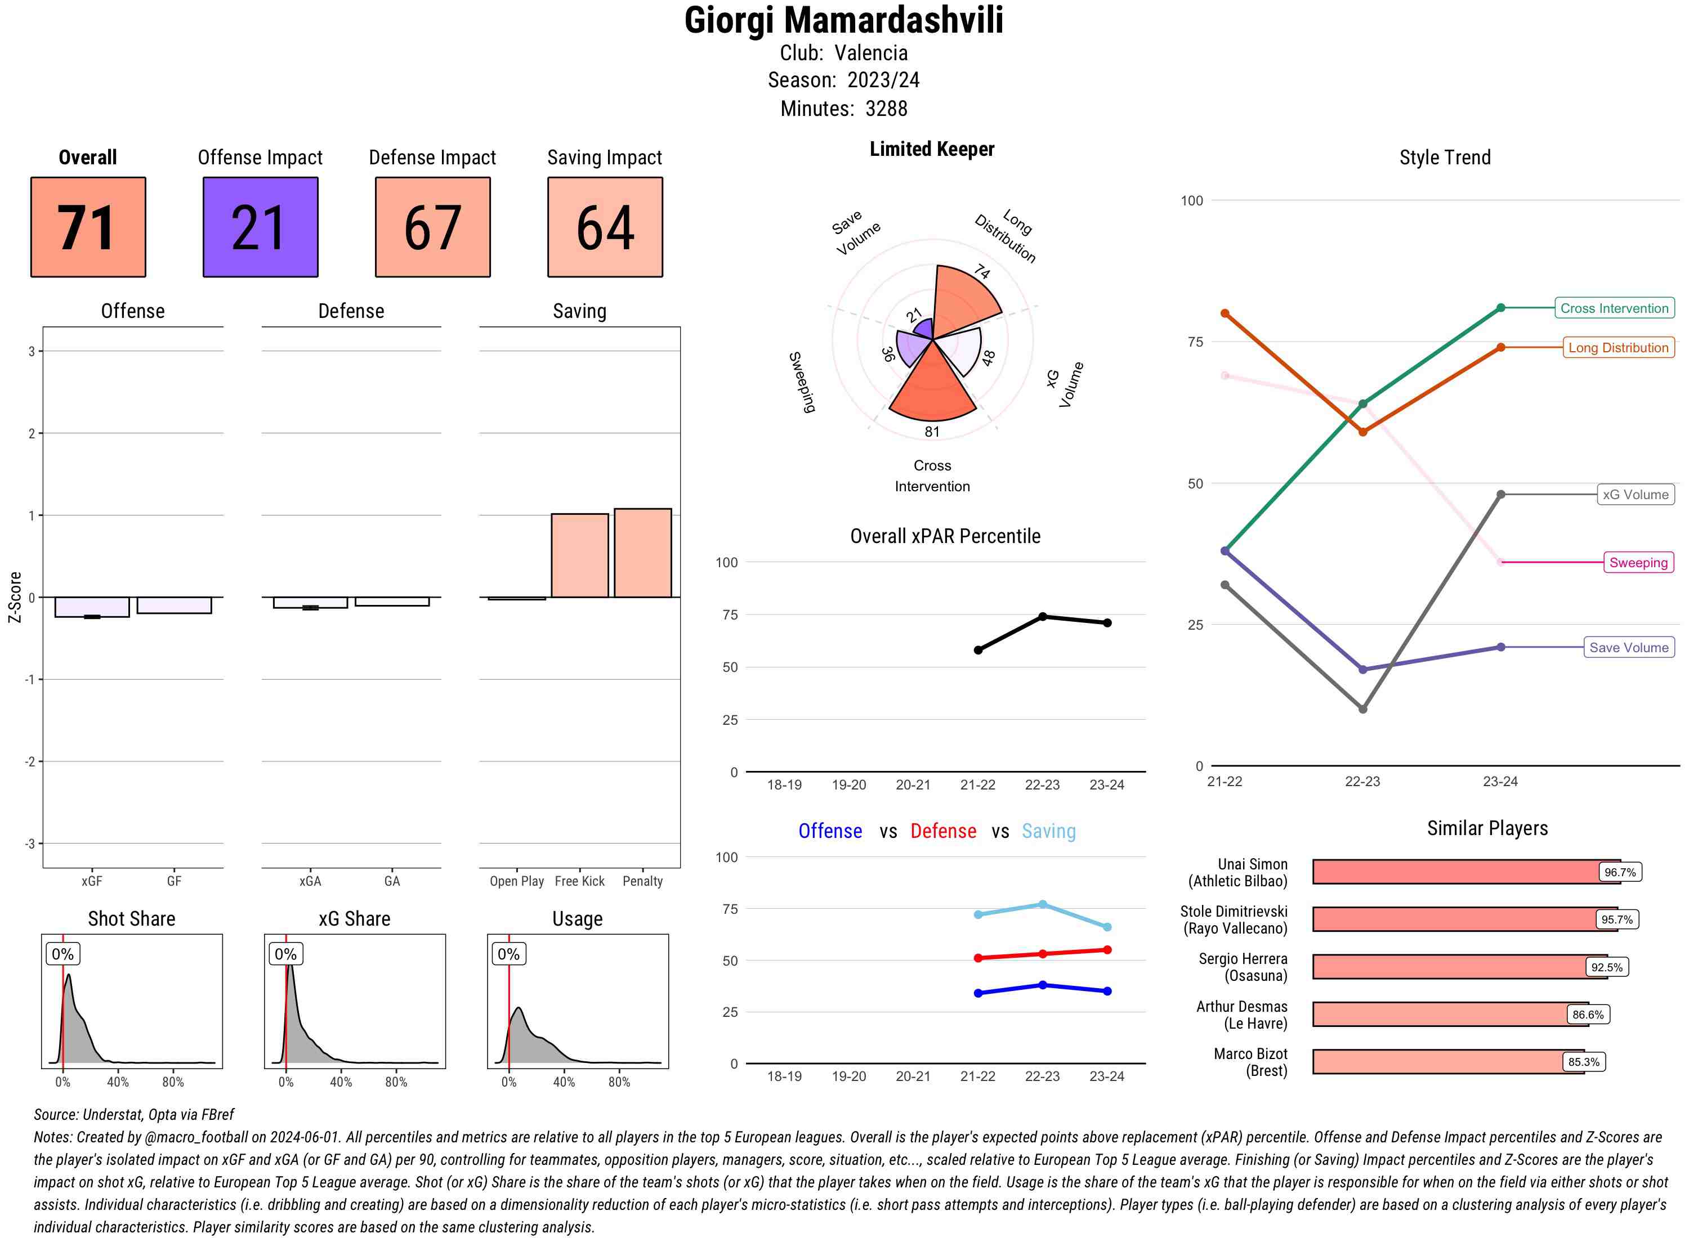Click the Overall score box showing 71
coord(88,227)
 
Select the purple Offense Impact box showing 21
coord(260,227)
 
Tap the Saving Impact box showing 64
coord(605,227)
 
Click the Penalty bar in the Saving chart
coord(642,553)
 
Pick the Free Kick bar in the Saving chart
coord(579,555)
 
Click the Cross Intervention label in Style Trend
coord(1614,308)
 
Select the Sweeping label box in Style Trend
coord(1638,562)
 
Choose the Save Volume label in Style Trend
coord(1628,648)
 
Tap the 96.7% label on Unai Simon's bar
coord(1619,872)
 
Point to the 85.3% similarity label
coord(1583,1062)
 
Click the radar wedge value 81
coord(932,432)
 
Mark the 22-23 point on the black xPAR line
coord(1043,617)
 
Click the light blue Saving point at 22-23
coord(1043,904)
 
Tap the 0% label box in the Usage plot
coord(508,954)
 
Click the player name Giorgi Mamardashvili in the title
coord(843,20)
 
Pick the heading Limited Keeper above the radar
coord(932,149)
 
